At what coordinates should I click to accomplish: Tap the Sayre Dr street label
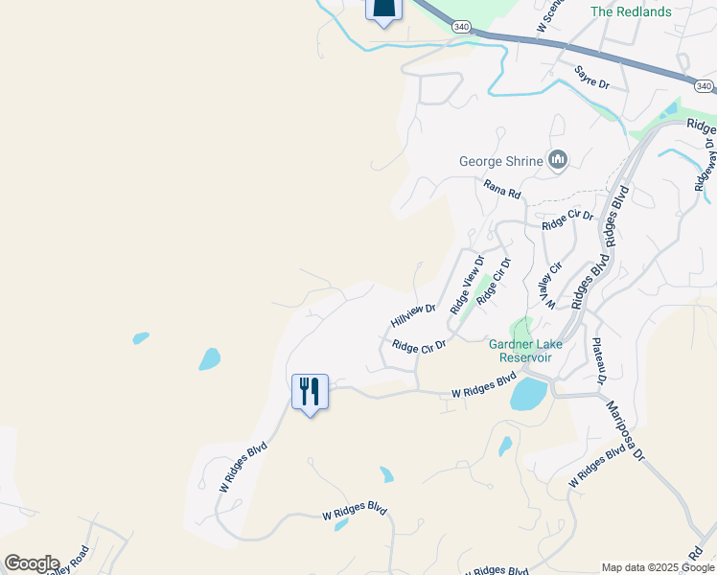pos(591,78)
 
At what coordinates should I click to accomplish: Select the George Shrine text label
pos(500,161)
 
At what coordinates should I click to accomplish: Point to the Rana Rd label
pos(502,190)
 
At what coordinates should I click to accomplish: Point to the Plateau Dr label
pos(599,361)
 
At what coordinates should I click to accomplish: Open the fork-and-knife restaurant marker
pos(310,392)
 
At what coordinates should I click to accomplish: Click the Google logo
pos(32,563)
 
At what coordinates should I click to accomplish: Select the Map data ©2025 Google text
pos(657,567)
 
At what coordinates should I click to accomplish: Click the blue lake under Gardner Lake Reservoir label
pos(528,393)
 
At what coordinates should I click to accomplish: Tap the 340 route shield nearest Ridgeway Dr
pos(704,87)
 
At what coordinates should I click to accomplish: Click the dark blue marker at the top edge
pos(383,10)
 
